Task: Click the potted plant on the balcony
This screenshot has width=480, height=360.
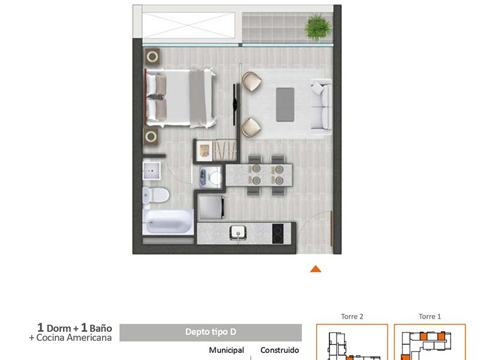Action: tap(318, 26)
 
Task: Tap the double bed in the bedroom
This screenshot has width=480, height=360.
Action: tap(180, 98)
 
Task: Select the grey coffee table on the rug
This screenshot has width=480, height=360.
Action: tap(285, 104)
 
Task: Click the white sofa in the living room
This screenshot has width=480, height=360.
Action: tap(321, 104)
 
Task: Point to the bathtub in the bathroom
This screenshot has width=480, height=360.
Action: tap(168, 222)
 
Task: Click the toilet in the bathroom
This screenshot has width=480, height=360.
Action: tap(155, 195)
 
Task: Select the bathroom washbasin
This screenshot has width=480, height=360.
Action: tap(151, 171)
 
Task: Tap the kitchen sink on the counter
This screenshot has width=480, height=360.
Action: tap(238, 232)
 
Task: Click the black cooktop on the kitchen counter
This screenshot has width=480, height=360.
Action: tap(278, 234)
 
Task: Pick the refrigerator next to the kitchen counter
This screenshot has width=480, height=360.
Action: tap(211, 207)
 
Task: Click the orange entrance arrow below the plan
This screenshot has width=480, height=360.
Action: tap(316, 269)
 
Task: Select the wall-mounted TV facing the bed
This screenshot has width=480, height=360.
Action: tap(235, 104)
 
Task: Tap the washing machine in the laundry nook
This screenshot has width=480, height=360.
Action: tap(210, 178)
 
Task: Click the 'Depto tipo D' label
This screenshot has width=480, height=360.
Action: tap(211, 332)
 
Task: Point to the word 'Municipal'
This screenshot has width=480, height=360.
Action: tap(227, 350)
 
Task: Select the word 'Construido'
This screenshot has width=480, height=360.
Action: tap(280, 350)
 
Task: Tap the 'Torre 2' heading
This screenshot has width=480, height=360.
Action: tap(352, 317)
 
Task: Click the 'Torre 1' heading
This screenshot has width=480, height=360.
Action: tap(430, 317)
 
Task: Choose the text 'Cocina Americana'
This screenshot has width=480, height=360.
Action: tap(74, 338)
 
